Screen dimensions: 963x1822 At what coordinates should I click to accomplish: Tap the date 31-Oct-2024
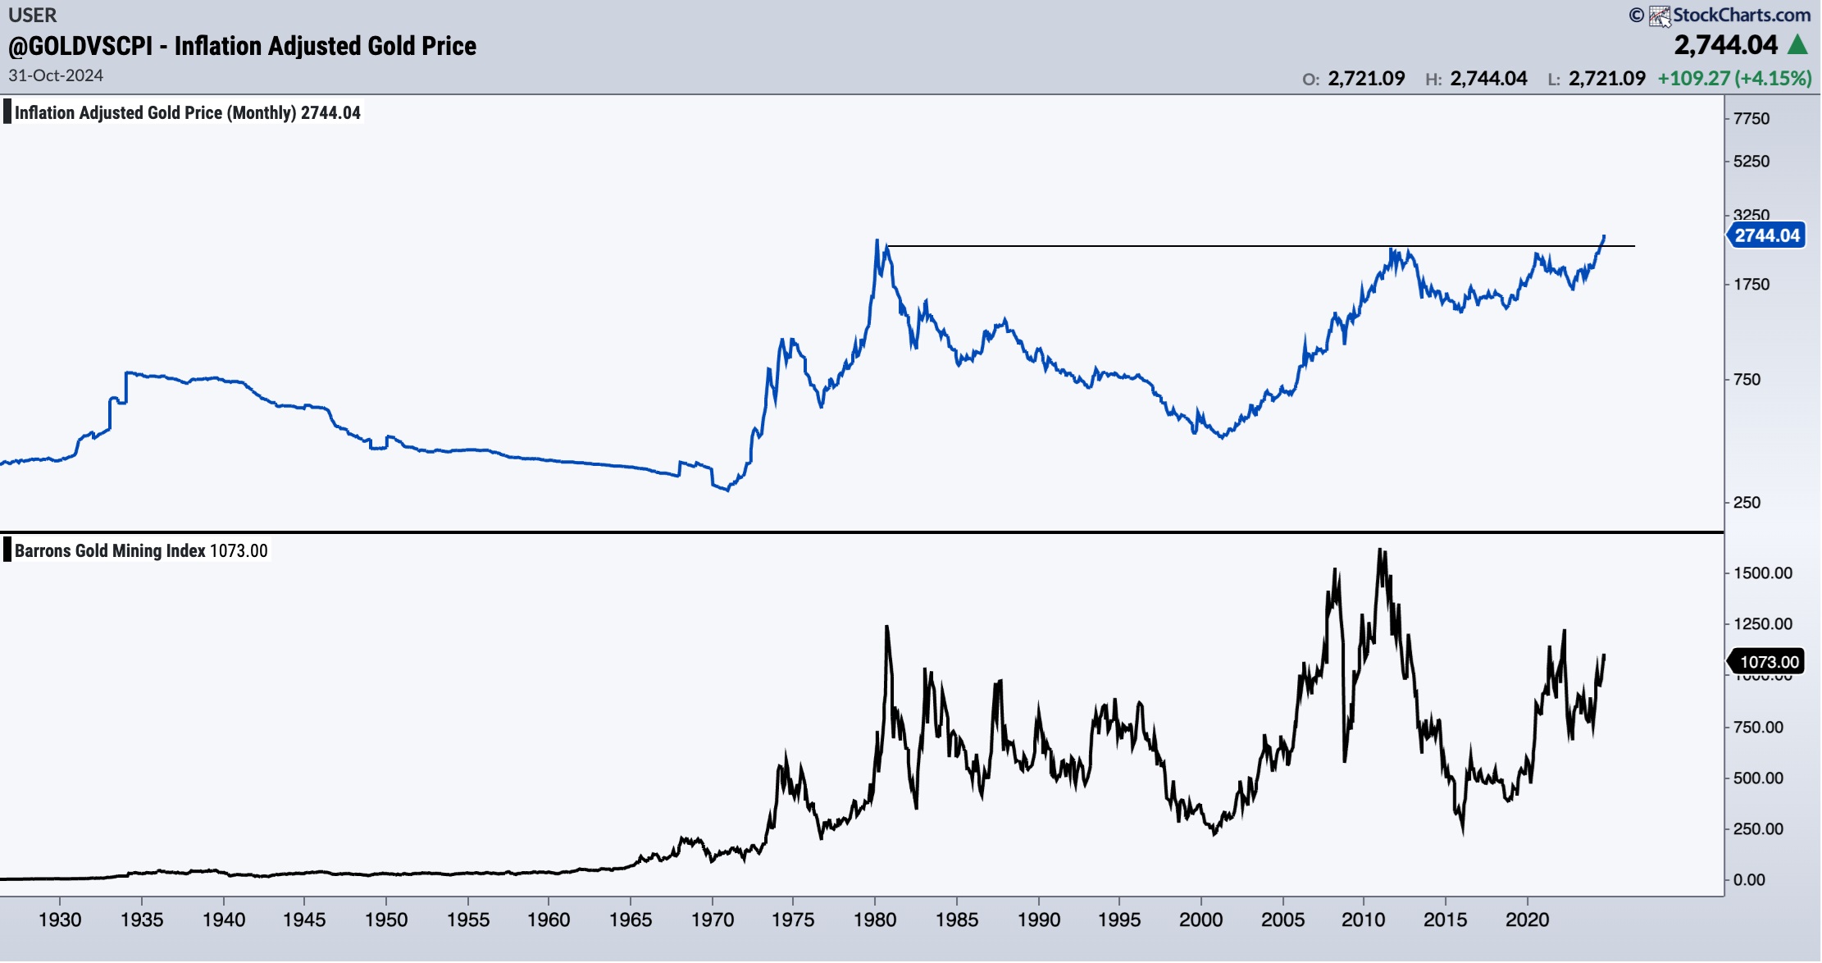click(56, 75)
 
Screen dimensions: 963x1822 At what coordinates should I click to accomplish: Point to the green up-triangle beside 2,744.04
click(1797, 44)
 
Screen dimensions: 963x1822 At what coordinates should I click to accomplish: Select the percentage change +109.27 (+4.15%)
click(1734, 79)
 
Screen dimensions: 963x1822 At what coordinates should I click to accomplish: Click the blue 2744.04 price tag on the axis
click(1766, 236)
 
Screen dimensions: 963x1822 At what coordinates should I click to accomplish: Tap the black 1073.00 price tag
click(1769, 662)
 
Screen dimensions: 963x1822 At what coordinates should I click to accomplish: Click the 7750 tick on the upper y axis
click(1751, 119)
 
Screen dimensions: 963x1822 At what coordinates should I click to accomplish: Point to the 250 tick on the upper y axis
click(1747, 503)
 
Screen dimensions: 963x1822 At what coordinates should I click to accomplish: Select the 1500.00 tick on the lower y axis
click(1762, 573)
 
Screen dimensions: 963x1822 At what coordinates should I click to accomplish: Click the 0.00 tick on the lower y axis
click(1749, 880)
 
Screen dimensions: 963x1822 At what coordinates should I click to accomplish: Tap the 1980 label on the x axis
click(875, 920)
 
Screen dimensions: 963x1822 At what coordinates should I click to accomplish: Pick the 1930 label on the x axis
click(60, 920)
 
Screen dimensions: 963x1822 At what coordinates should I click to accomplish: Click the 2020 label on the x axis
click(1527, 920)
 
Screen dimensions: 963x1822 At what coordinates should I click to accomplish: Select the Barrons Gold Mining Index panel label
click(140, 551)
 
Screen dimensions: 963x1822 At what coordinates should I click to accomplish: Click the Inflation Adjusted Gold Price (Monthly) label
click(187, 113)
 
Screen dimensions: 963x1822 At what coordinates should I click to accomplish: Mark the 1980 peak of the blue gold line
click(877, 241)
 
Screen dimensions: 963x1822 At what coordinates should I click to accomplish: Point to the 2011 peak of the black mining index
click(1381, 550)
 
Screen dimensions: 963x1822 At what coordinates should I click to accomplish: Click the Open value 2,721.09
click(1366, 79)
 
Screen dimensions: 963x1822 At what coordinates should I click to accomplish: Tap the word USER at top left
click(33, 15)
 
